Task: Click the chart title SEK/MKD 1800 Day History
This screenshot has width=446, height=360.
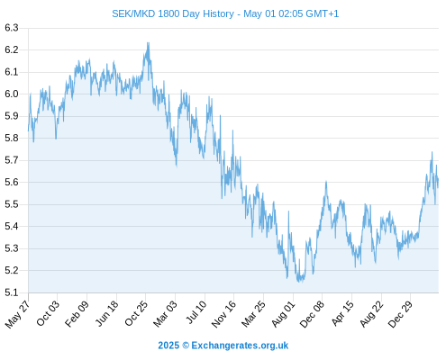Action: point(173,13)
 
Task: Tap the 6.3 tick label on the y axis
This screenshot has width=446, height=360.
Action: point(12,28)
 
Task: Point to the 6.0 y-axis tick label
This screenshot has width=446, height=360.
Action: point(12,94)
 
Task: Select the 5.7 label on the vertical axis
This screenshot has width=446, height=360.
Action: point(12,160)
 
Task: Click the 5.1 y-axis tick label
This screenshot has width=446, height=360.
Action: point(12,292)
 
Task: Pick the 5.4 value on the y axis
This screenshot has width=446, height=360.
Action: point(12,226)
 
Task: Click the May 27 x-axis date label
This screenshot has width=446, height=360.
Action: point(17,314)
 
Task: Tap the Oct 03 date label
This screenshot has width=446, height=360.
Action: point(48,313)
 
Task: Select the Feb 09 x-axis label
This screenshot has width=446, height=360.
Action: point(77,313)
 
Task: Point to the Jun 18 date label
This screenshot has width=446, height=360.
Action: point(106,313)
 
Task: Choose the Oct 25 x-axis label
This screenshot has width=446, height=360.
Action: point(136,313)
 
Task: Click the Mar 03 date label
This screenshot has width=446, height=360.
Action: point(165,314)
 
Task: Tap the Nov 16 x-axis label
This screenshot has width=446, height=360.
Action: point(223,314)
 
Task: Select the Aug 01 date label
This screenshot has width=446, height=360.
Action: point(283,314)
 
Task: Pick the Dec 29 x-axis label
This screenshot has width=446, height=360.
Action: point(400,314)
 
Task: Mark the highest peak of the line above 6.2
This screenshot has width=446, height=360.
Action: point(148,42)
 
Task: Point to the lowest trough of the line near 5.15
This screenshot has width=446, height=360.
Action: point(300,282)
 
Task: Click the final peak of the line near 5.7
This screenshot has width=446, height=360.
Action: point(432,152)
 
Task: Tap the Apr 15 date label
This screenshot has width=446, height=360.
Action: point(342,313)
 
